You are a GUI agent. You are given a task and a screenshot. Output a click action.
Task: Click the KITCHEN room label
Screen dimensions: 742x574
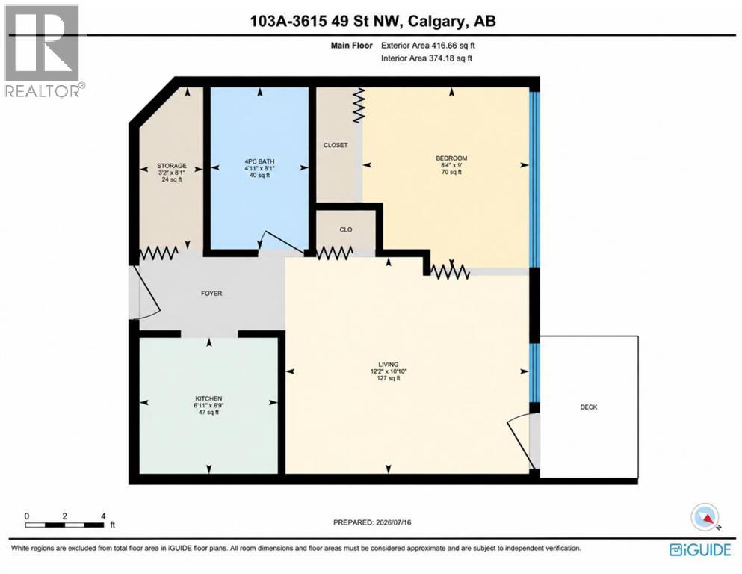tap(208, 398)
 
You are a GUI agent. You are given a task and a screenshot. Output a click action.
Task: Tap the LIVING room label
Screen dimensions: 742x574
tap(388, 365)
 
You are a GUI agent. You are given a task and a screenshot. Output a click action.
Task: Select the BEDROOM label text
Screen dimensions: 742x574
tap(451, 158)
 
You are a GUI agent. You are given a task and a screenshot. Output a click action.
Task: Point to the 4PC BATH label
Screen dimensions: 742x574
tap(259, 161)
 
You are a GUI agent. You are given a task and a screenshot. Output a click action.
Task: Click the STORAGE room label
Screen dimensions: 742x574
tap(172, 166)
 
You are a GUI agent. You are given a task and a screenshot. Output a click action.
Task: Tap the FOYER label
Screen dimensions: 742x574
tap(211, 294)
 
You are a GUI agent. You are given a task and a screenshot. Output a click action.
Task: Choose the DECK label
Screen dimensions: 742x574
tap(589, 407)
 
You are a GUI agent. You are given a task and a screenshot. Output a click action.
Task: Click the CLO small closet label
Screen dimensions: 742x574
tap(346, 229)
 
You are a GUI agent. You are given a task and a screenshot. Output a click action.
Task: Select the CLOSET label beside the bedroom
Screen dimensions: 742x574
tap(336, 145)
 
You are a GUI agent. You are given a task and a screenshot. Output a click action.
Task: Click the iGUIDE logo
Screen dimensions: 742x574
tap(700, 549)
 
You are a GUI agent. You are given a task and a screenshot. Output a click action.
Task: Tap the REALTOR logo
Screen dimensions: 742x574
tap(43, 51)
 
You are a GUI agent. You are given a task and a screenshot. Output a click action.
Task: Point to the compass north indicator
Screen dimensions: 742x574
tap(705, 517)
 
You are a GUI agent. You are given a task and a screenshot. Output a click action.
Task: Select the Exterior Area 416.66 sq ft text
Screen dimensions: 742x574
tap(427, 46)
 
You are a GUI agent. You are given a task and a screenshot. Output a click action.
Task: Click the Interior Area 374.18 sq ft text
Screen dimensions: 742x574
tap(427, 58)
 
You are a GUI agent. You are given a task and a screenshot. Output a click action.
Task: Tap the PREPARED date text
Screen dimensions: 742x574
tap(372, 522)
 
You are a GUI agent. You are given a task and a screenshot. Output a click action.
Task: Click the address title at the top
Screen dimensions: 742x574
tap(373, 21)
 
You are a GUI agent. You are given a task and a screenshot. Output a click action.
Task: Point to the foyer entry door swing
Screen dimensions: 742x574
tap(147, 294)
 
